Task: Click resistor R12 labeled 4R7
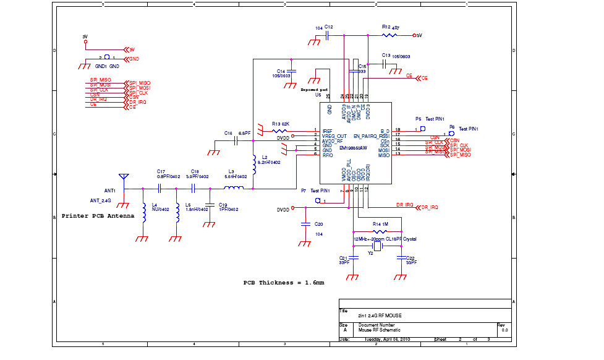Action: tap(396, 35)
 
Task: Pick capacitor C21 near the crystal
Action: tap(353, 257)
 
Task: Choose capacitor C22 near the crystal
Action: tap(401, 257)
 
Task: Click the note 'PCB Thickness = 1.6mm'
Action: tap(284, 282)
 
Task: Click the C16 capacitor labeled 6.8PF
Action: tap(236, 140)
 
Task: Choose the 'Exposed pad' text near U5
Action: tap(315, 90)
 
